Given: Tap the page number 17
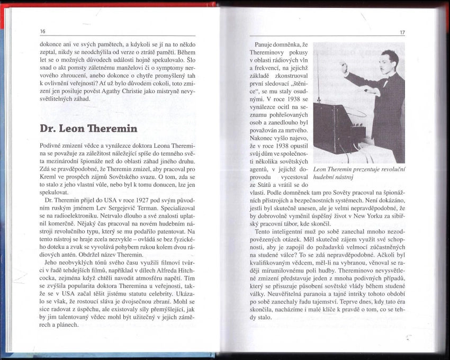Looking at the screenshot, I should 402,33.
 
